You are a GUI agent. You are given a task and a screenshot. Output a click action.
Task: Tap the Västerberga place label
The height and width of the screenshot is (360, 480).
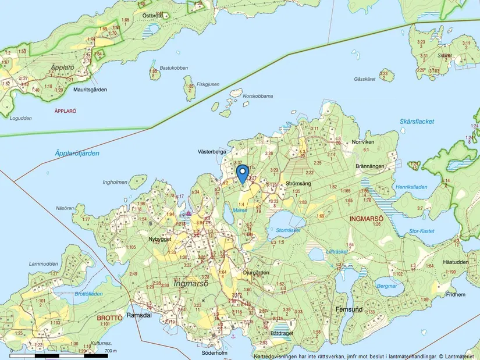tap(212, 151)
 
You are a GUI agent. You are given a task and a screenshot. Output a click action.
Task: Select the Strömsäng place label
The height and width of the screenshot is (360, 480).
tap(299, 184)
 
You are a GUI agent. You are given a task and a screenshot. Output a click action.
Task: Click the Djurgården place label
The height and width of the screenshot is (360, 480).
tap(256, 272)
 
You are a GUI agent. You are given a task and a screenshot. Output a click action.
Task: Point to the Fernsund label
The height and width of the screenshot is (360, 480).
tap(349, 310)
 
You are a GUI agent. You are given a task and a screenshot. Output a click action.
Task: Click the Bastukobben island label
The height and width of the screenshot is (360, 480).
tap(174, 68)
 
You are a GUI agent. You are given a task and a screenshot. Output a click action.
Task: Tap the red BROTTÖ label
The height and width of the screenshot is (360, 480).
tap(109, 318)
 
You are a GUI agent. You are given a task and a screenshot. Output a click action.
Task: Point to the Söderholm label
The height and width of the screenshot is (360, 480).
tap(212, 352)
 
